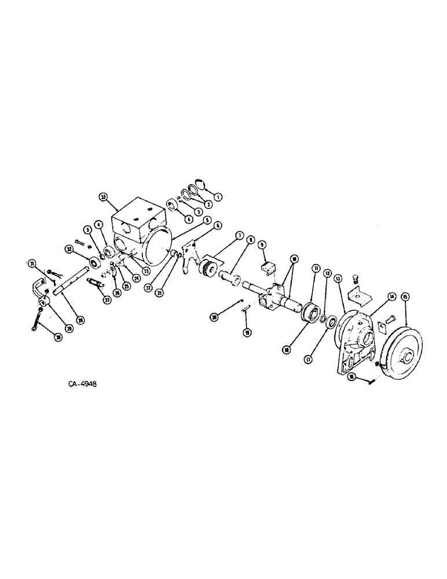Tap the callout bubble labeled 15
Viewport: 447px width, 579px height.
coord(405,297)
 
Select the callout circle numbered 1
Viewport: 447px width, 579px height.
coord(218,196)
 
